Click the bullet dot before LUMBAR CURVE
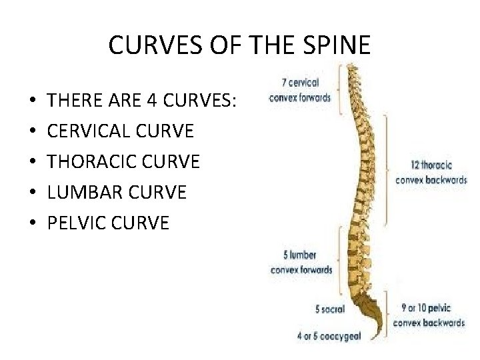33,193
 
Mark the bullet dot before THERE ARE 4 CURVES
33,102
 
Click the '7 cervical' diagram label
300,83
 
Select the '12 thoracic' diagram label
431,165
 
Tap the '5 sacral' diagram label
329,309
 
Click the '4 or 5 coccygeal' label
329,336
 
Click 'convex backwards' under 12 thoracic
431,180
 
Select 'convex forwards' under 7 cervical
300,97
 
